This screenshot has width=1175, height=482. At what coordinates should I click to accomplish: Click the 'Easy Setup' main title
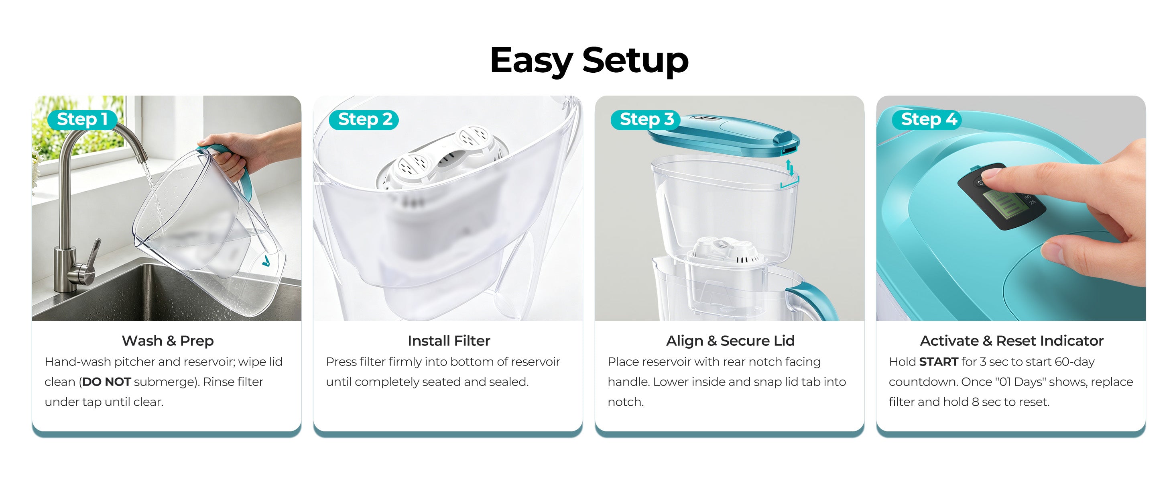coord(589,60)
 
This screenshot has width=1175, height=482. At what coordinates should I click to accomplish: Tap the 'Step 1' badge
coord(83,120)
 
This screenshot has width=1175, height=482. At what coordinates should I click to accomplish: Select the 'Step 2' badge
coord(364,120)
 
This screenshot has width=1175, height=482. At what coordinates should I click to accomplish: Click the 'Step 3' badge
coord(645,120)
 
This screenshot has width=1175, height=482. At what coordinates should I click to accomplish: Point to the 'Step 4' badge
coord(927,120)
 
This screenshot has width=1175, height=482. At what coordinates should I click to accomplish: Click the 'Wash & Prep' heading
coord(167,341)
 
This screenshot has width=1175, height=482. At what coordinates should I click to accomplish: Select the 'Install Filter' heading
coord(449,341)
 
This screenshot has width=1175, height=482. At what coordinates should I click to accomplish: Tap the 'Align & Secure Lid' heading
coord(730,341)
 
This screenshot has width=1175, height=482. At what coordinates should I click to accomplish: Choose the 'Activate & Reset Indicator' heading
coord(1012,341)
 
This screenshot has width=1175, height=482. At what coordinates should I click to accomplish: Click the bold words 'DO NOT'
coord(107,382)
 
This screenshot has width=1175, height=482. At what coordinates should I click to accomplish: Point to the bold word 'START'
coord(938,361)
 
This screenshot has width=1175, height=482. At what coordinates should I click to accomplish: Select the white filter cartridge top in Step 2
coord(443,157)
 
